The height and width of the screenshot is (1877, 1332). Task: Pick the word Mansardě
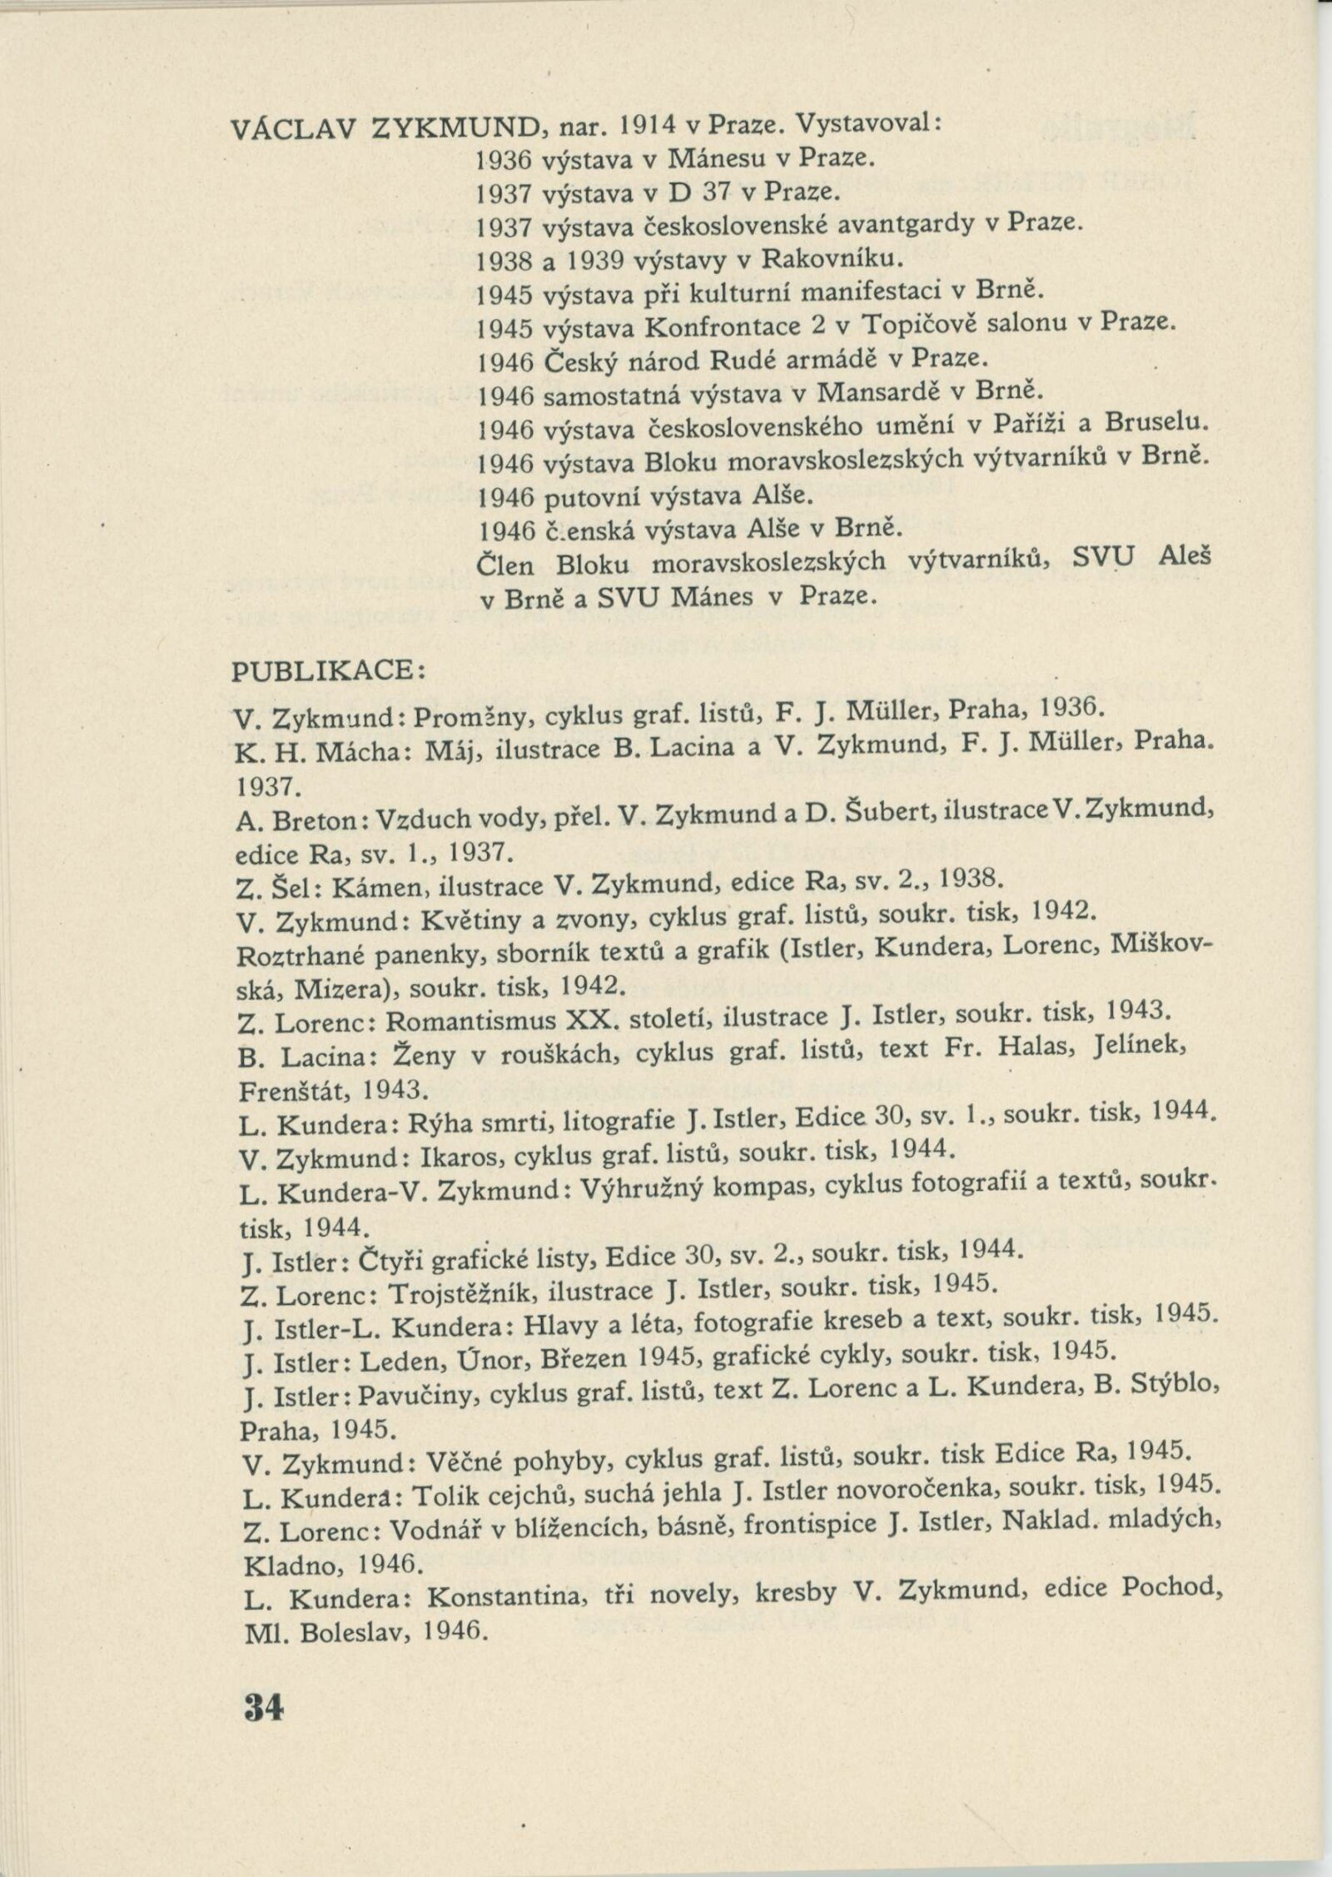pyautogui.click(x=888, y=392)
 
